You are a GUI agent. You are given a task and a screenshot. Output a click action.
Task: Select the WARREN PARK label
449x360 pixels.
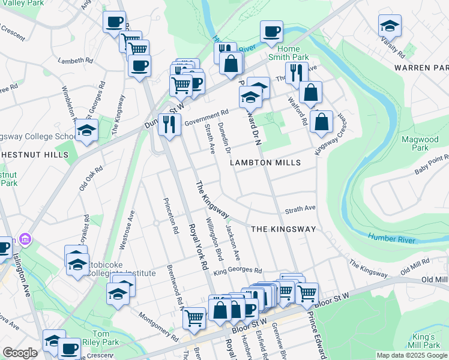point(421,67)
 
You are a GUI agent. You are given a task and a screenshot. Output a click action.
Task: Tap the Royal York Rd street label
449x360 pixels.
point(197,247)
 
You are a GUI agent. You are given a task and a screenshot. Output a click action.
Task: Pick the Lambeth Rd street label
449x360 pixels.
point(76,61)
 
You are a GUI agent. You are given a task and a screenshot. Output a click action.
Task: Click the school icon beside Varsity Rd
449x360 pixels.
point(390,26)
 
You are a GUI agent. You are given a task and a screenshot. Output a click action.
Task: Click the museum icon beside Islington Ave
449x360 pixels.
point(25,241)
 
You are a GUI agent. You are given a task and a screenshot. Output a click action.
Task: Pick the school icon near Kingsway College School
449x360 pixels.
point(86,130)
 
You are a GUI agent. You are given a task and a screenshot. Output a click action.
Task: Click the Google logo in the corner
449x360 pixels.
point(20,353)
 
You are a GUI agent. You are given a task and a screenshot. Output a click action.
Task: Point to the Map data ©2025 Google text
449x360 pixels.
point(411,355)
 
